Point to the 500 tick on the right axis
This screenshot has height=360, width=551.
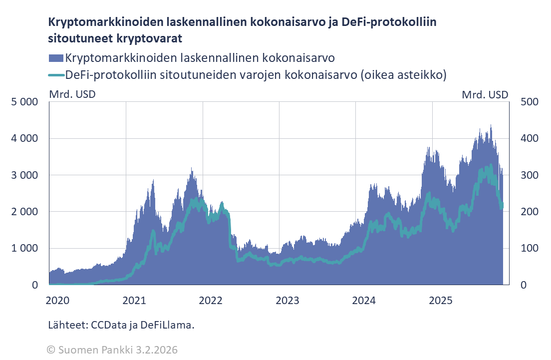pyautogui.click(x=529, y=102)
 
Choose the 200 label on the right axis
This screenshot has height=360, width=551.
pyautogui.click(x=529, y=212)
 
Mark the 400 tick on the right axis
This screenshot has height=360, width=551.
pyautogui.click(x=529, y=138)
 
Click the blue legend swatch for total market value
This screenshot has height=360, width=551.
pyautogui.click(x=56, y=58)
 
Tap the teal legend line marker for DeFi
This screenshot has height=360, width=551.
pyautogui.click(x=56, y=75)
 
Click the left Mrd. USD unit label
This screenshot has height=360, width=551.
pyautogui.click(x=72, y=94)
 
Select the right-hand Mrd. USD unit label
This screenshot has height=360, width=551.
pyautogui.click(x=485, y=94)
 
